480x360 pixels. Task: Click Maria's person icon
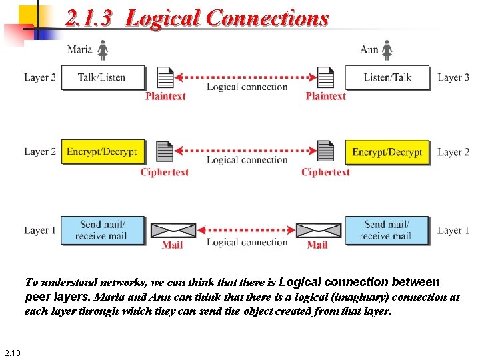tap(103, 50)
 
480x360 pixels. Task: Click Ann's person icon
tap(387, 50)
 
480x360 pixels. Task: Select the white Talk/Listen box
tap(102, 77)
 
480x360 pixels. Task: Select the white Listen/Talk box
tap(387, 77)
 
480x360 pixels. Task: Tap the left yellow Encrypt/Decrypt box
tap(102, 152)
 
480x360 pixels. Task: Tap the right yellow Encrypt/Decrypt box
tap(387, 152)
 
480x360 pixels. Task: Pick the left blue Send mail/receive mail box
tap(102, 229)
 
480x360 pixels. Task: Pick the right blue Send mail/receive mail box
tap(387, 229)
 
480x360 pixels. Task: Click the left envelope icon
tap(173, 230)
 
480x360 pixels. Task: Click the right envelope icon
tap(318, 230)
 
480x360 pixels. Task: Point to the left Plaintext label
tap(165, 96)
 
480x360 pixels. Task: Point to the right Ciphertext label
tap(325, 172)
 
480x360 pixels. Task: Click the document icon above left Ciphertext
tap(164, 153)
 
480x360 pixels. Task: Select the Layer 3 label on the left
tap(40, 77)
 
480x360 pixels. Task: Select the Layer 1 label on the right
tap(453, 231)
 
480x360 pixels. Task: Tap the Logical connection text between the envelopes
tap(247, 242)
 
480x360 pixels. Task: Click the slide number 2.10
tap(12, 353)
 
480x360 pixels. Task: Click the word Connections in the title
tap(267, 18)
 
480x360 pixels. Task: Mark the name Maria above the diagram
tap(80, 49)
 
